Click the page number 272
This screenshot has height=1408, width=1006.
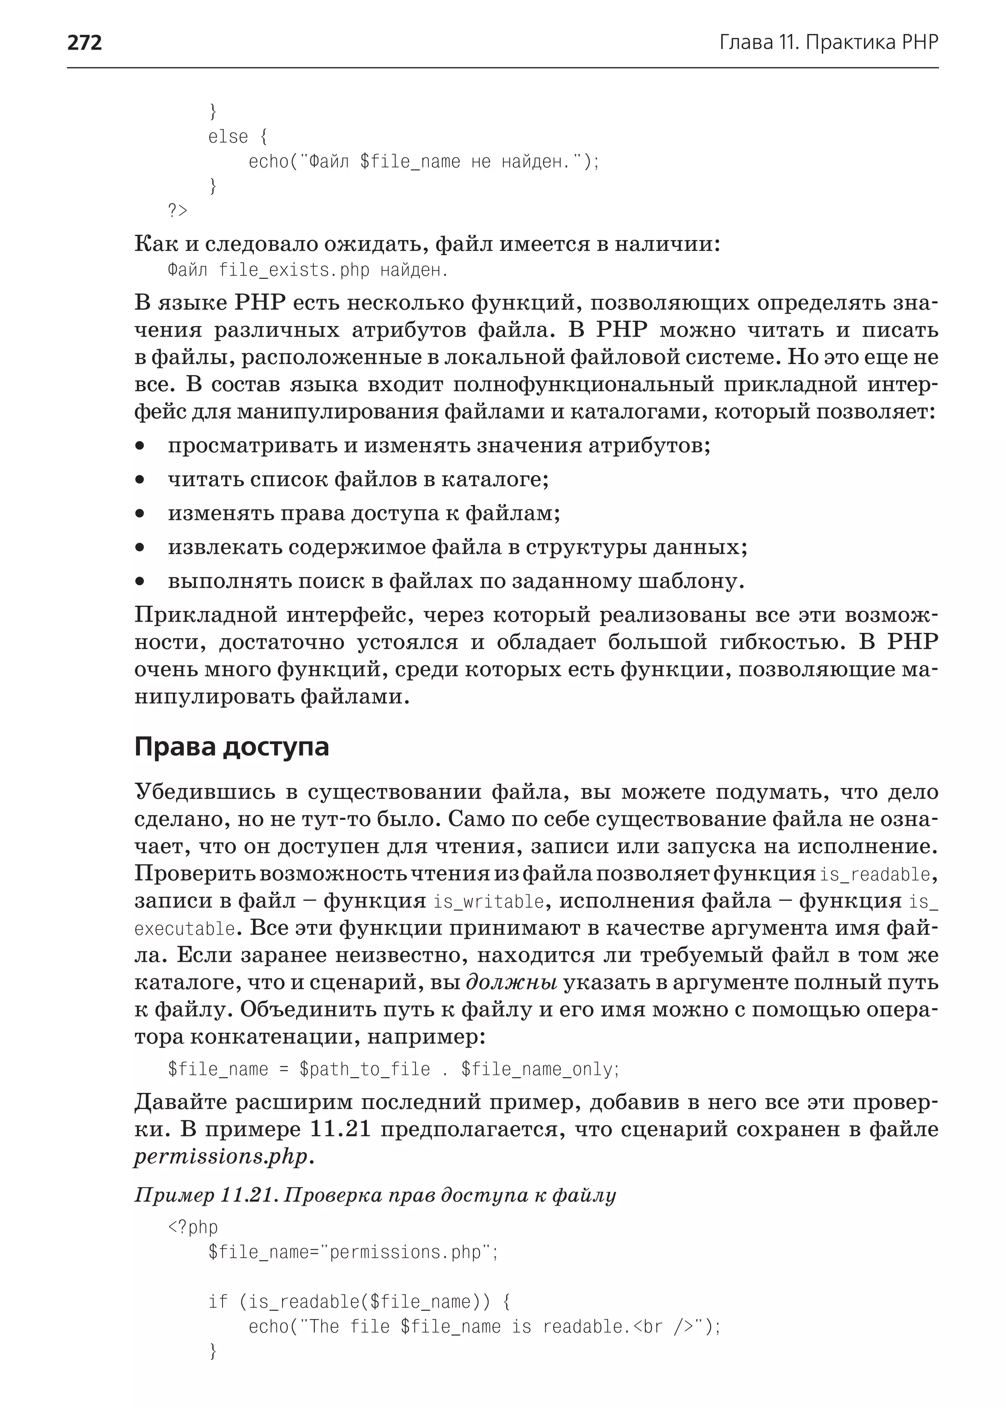coord(84,43)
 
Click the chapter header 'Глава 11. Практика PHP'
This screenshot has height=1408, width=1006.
coord(828,43)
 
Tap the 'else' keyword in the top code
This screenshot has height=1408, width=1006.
coord(227,137)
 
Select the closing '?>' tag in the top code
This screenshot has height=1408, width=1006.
coord(177,211)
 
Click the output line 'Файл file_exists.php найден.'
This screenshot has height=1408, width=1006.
coord(307,271)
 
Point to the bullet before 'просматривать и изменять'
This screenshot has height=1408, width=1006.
coord(140,446)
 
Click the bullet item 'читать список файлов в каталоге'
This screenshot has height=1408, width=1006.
coord(358,480)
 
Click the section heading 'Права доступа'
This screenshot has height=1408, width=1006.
coord(231,747)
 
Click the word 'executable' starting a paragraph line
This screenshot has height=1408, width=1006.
coord(185,929)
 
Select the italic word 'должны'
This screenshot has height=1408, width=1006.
coord(511,983)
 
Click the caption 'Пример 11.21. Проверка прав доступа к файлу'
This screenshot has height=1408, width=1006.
coord(375,1195)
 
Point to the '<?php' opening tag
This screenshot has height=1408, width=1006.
coord(193,1227)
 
